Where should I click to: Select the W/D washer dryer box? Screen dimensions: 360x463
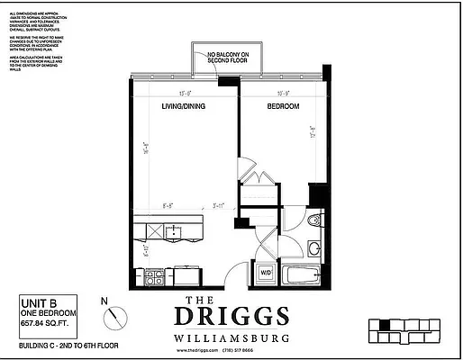click(267, 271)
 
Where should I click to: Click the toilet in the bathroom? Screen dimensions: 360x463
click(313, 221)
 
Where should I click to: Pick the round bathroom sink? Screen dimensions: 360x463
click(315, 247)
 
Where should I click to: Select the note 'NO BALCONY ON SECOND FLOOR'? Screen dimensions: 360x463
click(227, 59)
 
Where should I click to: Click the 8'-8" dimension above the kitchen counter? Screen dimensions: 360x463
click(168, 206)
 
